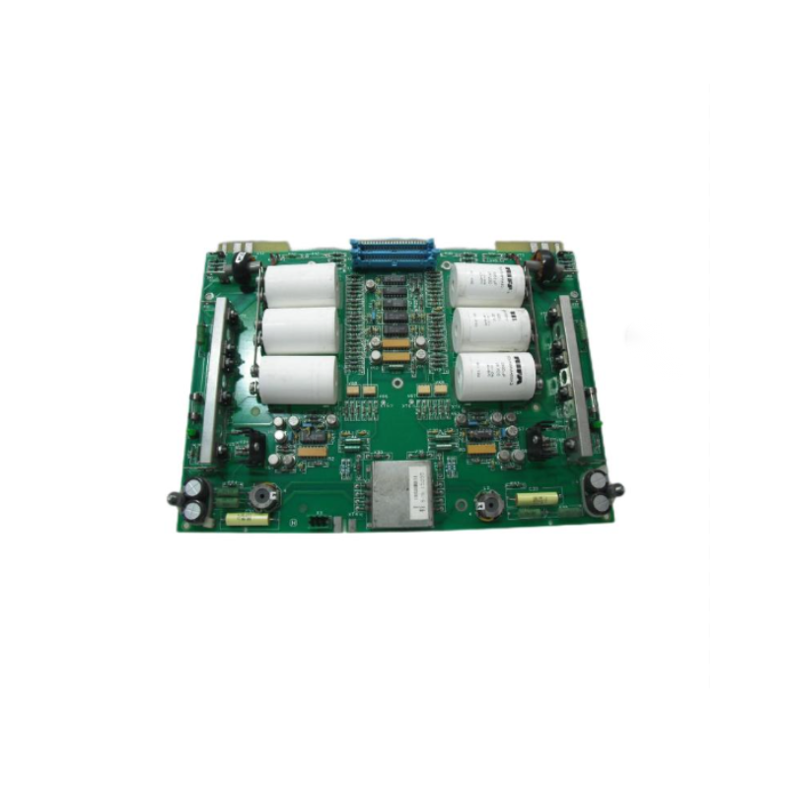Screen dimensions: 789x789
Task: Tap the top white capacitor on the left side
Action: click(x=301, y=284)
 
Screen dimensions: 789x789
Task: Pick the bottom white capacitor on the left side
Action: click(x=299, y=379)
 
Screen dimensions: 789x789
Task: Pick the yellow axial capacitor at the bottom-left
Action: click(x=246, y=518)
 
